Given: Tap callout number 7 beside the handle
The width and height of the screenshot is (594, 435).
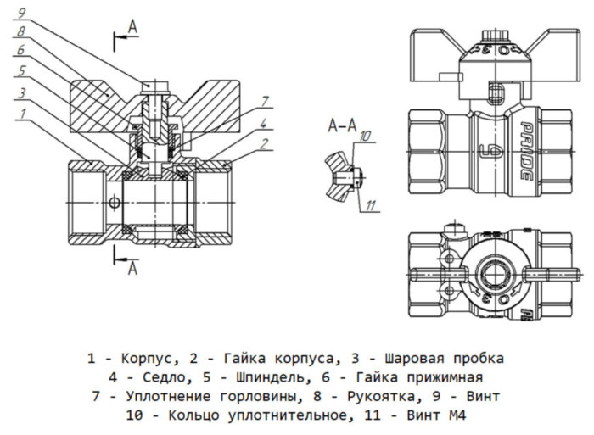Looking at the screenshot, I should pos(264,101).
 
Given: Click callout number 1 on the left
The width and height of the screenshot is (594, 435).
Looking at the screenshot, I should pos(22,112).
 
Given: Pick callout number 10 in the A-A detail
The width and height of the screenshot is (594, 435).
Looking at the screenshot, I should pos(366,136).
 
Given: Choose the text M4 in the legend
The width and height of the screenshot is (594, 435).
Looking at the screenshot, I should pos(457,415).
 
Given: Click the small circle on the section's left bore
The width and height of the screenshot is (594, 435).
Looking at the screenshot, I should pos(114,203).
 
